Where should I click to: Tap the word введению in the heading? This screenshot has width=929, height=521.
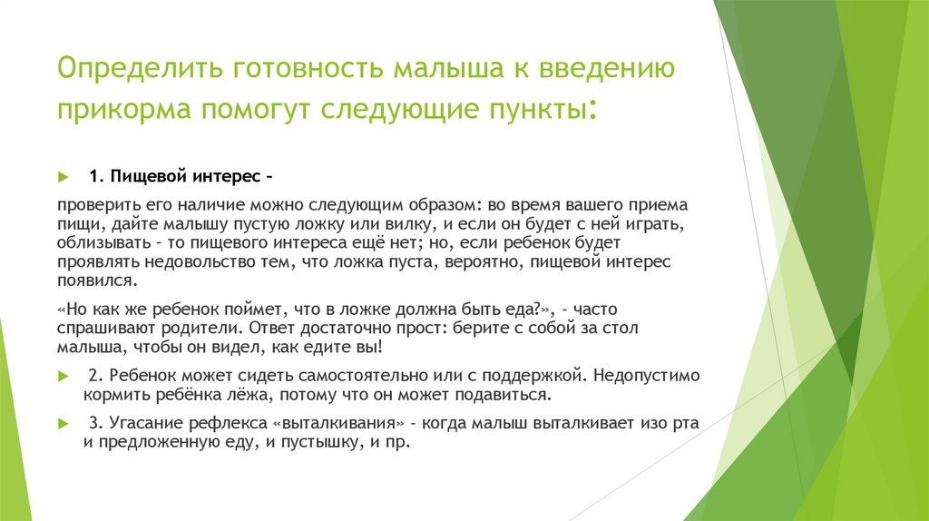(x=606, y=70)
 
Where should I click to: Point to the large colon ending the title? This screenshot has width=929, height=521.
(x=592, y=112)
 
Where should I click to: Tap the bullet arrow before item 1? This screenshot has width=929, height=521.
(x=63, y=175)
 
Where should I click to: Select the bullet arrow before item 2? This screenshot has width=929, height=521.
(x=63, y=374)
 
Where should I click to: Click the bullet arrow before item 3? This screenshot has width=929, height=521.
(x=63, y=422)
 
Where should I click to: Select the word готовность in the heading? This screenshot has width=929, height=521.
(x=305, y=70)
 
